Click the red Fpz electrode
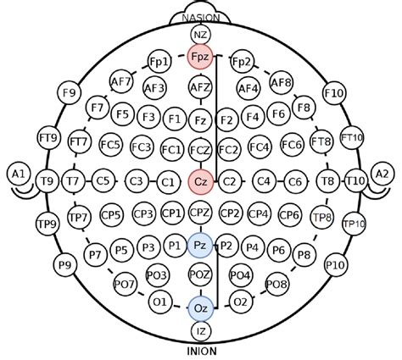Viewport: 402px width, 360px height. pyautogui.click(x=200, y=57)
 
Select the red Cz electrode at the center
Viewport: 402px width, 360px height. pyautogui.click(x=200, y=182)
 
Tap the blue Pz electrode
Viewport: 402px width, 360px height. pyautogui.click(x=200, y=246)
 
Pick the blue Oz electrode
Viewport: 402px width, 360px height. pyautogui.click(x=201, y=308)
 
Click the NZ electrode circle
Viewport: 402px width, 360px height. pyautogui.click(x=201, y=36)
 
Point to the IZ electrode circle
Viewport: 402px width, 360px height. pyautogui.click(x=201, y=331)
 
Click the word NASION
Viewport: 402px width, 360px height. pyautogui.click(x=201, y=18)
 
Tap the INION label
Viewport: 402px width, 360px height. pyautogui.click(x=202, y=352)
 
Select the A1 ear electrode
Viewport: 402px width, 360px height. pyautogui.click(x=19, y=174)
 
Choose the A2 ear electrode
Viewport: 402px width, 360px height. pyautogui.click(x=382, y=174)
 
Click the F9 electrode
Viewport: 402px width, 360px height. pyautogui.click(x=69, y=93)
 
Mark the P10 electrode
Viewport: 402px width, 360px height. pyautogui.click(x=336, y=265)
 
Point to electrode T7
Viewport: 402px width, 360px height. pyautogui.click(x=73, y=181)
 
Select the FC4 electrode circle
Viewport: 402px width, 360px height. pyautogui.click(x=260, y=147)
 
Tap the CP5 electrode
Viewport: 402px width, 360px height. pyautogui.click(x=111, y=215)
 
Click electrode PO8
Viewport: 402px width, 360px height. pyautogui.click(x=277, y=284)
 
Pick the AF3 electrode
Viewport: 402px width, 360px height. pyautogui.click(x=154, y=88)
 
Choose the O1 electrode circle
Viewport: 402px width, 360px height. pyautogui.click(x=160, y=302)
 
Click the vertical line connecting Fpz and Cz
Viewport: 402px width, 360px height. pyautogui.click(x=216, y=119)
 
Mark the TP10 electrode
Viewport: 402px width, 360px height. pyautogui.click(x=355, y=224)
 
